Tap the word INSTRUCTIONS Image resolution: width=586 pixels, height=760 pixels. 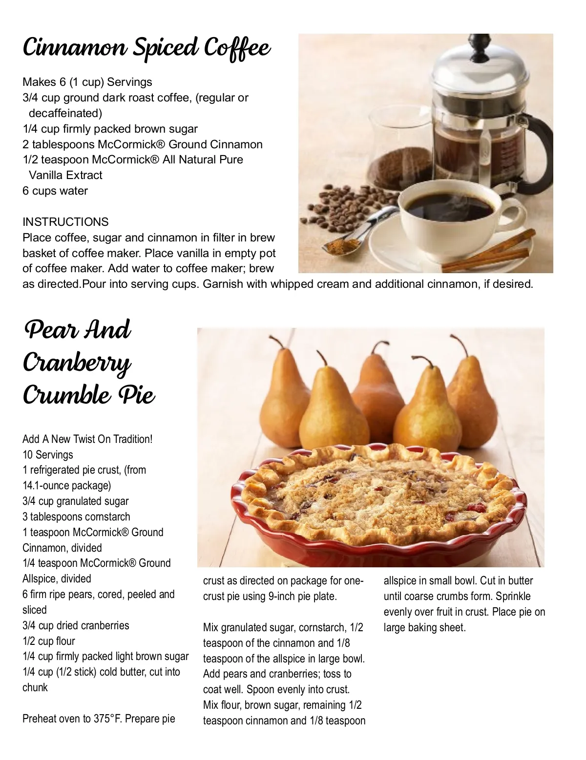tap(65, 222)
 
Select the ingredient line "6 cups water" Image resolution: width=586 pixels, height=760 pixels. tap(55, 191)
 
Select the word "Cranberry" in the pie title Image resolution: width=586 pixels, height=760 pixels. tap(77, 363)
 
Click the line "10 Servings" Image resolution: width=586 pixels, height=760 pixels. tap(48, 455)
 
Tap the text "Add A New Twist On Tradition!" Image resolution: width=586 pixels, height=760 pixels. tap(87, 439)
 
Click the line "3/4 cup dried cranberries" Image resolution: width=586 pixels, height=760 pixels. tap(76, 625)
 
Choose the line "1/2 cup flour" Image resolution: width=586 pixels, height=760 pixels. tap(49, 641)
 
